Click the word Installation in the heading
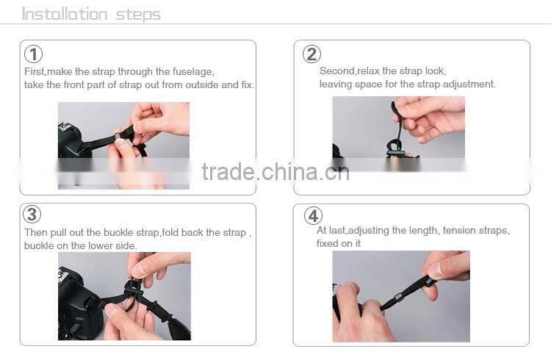(x=65, y=14)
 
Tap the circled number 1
(x=33, y=54)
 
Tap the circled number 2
(x=312, y=54)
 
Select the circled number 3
(x=32, y=215)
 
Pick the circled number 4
(x=314, y=216)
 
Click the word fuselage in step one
(x=194, y=71)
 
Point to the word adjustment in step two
(x=470, y=84)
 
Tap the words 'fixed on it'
(x=339, y=244)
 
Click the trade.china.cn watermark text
(x=275, y=171)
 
